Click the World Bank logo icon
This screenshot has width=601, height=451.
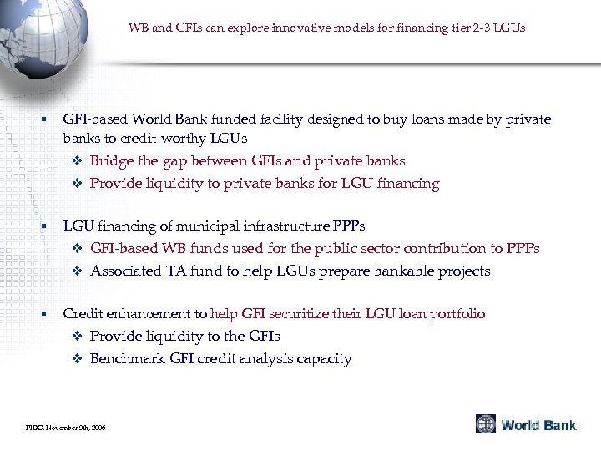486,424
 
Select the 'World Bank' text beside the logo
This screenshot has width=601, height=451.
538,425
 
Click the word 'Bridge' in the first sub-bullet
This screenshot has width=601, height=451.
111,161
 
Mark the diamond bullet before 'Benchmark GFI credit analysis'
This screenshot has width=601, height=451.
78,359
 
